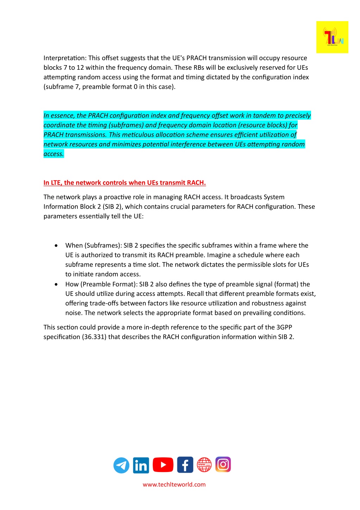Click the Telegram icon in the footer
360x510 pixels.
point(121,465)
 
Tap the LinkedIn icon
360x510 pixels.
point(141,465)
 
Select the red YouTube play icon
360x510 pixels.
point(163,465)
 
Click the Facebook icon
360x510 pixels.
point(185,465)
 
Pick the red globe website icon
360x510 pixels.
point(204,465)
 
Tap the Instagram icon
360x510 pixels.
point(223,465)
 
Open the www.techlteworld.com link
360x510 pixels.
point(174,485)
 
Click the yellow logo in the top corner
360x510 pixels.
point(332,37)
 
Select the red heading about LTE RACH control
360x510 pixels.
point(125,183)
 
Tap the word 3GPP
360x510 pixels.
point(284,328)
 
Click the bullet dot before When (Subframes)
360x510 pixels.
point(56,245)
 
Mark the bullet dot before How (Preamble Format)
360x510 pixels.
point(56,284)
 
